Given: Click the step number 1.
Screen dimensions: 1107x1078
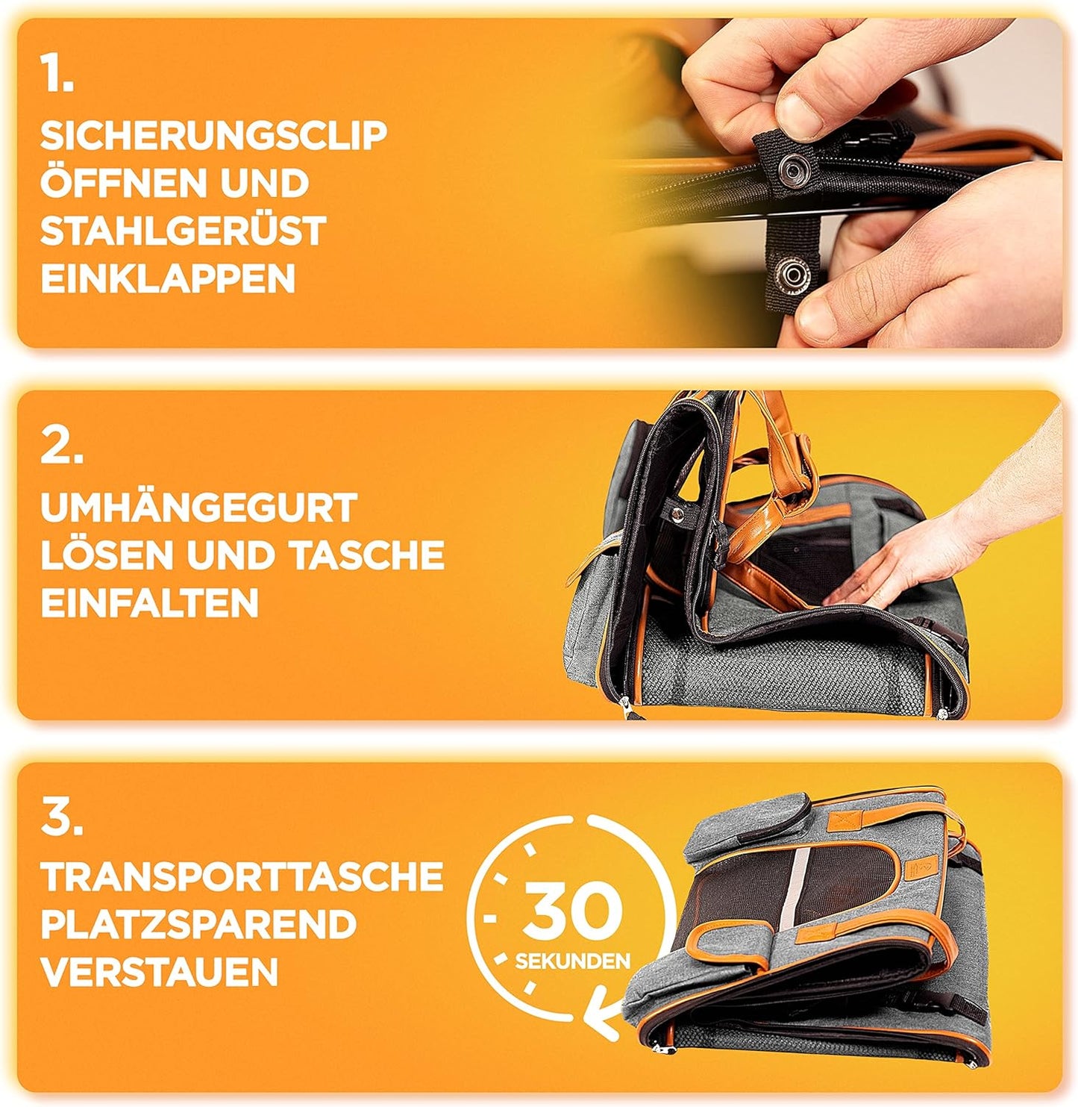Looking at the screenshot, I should tap(57, 75).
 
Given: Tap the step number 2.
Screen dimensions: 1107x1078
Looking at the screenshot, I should tap(61, 447).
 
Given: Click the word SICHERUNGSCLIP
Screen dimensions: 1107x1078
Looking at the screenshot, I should tap(213, 135).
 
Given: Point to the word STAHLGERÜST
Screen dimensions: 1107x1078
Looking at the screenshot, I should tap(183, 231).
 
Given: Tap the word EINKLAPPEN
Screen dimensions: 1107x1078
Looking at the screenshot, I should tap(168, 278).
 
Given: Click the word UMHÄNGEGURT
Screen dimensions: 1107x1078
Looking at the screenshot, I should tap(198, 508).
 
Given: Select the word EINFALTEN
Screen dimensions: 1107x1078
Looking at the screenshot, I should tap(149, 602).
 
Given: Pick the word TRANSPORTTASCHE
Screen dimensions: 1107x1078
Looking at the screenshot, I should tap(242, 876).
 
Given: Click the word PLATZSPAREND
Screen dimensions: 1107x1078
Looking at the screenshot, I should tap(198, 924).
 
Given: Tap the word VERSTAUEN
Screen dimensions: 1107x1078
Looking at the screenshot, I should tap(159, 972).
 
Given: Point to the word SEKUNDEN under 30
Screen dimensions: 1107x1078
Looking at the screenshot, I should tap(572, 961).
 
